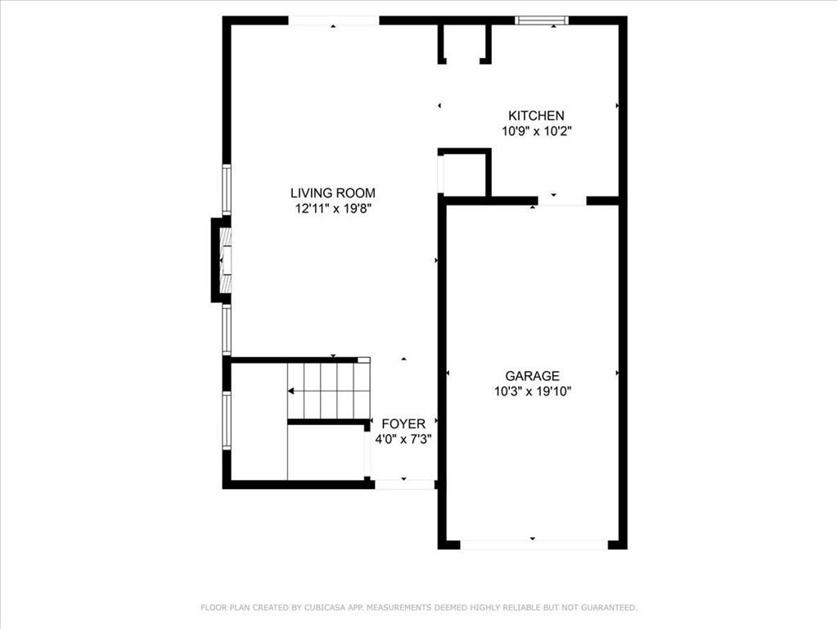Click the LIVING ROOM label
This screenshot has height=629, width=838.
(x=333, y=193)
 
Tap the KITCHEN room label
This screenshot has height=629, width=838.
(x=536, y=115)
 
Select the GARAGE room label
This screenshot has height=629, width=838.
(x=532, y=376)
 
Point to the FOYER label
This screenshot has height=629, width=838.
(x=403, y=423)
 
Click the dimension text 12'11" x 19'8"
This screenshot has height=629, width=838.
(x=335, y=209)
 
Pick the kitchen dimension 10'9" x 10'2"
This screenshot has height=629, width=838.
(x=536, y=130)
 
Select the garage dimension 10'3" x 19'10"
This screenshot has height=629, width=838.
(x=532, y=391)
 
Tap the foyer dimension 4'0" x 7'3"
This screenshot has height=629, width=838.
(x=403, y=439)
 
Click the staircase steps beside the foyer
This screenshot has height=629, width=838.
(x=327, y=391)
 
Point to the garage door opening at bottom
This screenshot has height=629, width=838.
(x=534, y=544)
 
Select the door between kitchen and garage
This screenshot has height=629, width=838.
(x=561, y=201)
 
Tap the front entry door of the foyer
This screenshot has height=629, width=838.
(x=404, y=484)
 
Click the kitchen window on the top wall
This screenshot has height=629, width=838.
(x=541, y=20)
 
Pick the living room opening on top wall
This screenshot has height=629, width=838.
(x=334, y=20)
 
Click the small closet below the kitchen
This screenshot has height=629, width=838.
(x=463, y=174)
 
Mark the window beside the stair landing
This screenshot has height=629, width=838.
(x=227, y=420)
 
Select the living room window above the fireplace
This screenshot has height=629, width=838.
(x=227, y=190)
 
